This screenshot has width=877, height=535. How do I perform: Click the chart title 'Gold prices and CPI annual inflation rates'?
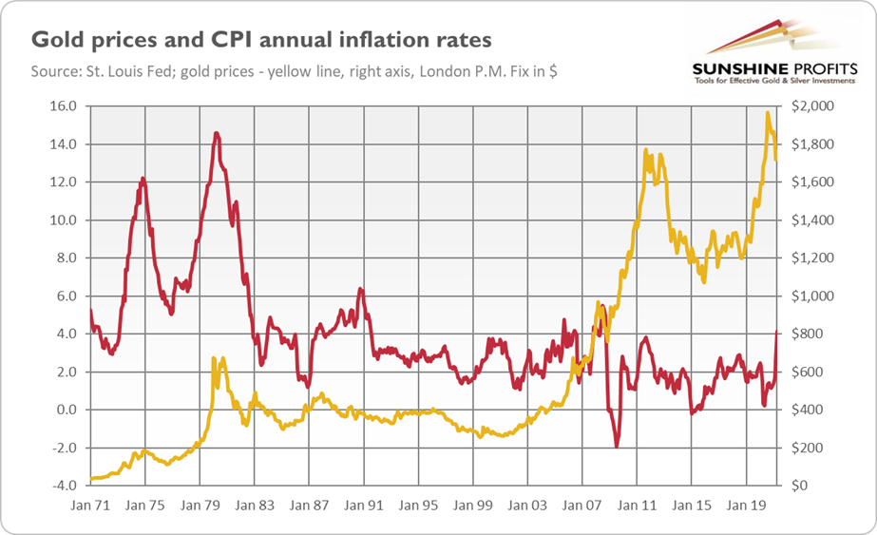pos(262,40)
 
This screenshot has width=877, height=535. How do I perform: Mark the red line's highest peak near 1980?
pos(217,133)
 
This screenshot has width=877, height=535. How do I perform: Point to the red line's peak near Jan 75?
pos(143,178)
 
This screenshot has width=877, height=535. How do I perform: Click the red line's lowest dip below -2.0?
pos(616,447)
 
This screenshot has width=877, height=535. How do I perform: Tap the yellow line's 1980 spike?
pos(216,358)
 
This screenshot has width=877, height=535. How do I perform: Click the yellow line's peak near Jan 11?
pos(646,150)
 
